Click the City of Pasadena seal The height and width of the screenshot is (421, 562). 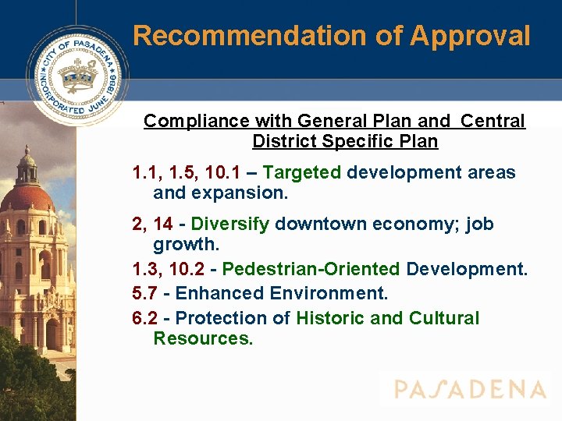click(x=77, y=76)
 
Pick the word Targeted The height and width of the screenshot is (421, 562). click(x=302, y=172)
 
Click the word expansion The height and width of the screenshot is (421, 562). click(x=239, y=193)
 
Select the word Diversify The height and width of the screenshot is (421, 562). click(x=230, y=225)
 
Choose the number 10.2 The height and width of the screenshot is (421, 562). click(x=194, y=269)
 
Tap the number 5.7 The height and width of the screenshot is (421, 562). click(x=148, y=293)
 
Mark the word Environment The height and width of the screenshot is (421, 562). click(x=327, y=293)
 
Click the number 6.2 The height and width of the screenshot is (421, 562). click(x=148, y=318)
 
